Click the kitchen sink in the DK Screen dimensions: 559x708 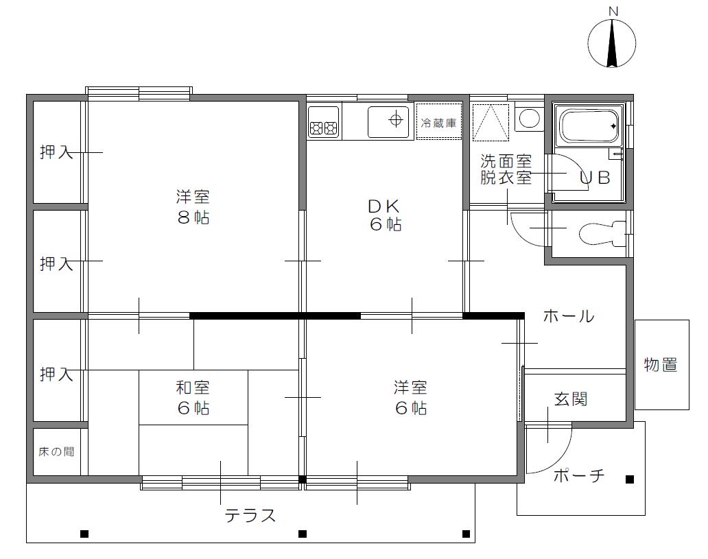390,121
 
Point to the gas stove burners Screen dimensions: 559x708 324,127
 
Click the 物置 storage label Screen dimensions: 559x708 661,365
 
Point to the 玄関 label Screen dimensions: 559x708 570,399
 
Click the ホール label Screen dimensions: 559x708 568,317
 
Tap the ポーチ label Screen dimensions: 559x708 578,475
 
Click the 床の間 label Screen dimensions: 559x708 56,452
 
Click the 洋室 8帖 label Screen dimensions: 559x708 193,208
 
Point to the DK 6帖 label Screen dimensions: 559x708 384,215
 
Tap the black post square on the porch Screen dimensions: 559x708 630,479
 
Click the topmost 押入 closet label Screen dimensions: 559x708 56,152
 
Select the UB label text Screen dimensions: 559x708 594,178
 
